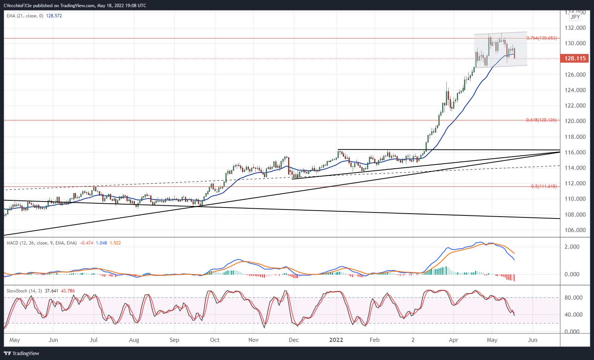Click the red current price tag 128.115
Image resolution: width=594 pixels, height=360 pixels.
tap(575, 58)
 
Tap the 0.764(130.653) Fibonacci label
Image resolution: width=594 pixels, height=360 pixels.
tap(541, 38)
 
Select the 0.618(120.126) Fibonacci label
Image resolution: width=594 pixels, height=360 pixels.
tap(541, 120)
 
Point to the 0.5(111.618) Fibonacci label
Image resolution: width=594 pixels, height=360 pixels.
tap(543, 186)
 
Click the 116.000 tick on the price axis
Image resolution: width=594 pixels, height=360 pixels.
tap(575, 152)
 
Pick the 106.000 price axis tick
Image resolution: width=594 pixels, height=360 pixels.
tap(575, 230)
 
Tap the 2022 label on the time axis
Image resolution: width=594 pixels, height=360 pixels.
tap(336, 340)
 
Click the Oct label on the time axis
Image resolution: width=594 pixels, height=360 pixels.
tap(214, 340)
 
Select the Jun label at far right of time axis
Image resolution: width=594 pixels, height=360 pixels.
tap(532, 340)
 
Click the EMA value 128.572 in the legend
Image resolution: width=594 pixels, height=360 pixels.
tap(54, 16)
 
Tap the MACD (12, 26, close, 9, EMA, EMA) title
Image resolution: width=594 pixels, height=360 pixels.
tap(42, 243)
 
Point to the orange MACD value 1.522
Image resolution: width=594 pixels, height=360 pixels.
tap(115, 243)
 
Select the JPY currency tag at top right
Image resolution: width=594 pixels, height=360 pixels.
tap(575, 17)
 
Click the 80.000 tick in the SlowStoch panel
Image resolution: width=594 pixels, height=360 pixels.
tap(573, 298)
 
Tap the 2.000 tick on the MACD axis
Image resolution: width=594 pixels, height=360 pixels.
tap(572, 247)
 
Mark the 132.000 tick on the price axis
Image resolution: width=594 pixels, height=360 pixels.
tap(575, 28)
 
